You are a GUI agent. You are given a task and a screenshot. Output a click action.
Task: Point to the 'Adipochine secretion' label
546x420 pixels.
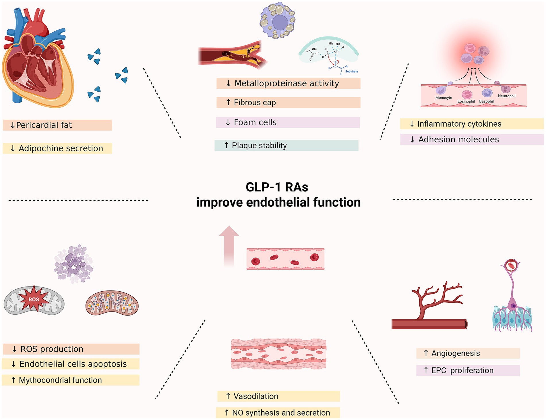pyautogui.click(x=57, y=148)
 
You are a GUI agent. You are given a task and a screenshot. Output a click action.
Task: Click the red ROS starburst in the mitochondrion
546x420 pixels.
pyautogui.click(x=34, y=299)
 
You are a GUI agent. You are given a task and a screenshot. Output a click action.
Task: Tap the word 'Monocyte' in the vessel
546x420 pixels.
pyautogui.click(x=444, y=98)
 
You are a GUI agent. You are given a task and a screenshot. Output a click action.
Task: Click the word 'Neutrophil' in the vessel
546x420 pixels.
pyautogui.click(x=507, y=96)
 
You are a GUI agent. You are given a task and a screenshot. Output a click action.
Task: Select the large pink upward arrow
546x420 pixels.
pyautogui.click(x=229, y=247)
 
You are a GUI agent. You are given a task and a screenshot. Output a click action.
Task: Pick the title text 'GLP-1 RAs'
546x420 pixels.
pyautogui.click(x=277, y=187)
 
